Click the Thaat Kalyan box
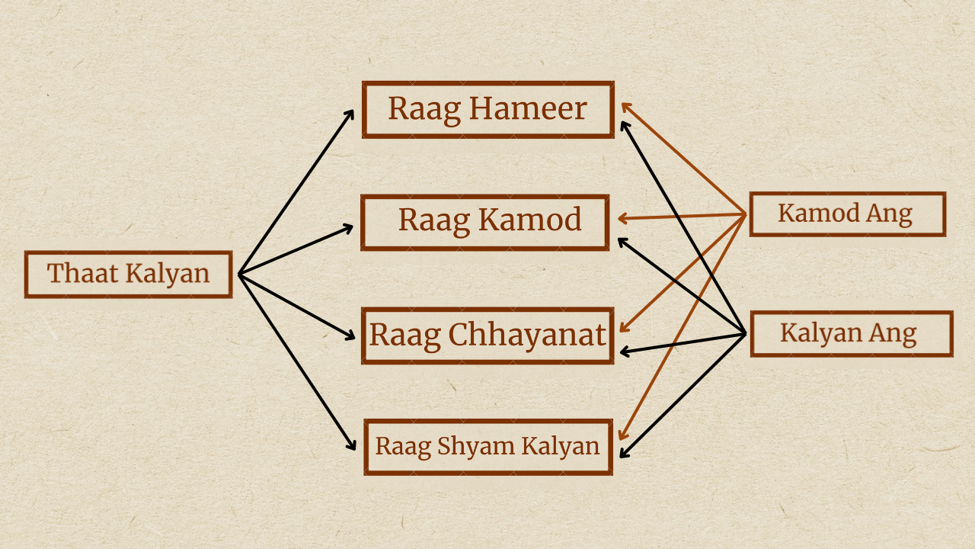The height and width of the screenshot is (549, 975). pos(128,274)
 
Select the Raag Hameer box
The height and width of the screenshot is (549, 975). pos(487,109)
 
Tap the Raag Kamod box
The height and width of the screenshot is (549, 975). pos(485,222)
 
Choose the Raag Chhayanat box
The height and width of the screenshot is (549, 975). pos(487,335)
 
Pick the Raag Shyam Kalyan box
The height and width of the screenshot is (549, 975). pos(488,446)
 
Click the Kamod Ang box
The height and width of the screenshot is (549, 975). pos(847,213)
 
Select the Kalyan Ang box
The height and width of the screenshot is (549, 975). pos(851,333)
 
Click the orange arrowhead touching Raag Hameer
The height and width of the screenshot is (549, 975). pos(625,106)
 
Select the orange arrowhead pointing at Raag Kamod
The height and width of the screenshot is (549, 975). pos(622,219)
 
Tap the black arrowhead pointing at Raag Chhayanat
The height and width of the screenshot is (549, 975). pos(624,352)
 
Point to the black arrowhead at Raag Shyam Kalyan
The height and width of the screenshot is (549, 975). pos(624,454)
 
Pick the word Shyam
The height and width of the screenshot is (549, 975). pos(466,446)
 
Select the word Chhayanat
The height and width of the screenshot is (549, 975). pos(526,335)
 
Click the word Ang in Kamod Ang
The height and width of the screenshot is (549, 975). pos(889,213)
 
